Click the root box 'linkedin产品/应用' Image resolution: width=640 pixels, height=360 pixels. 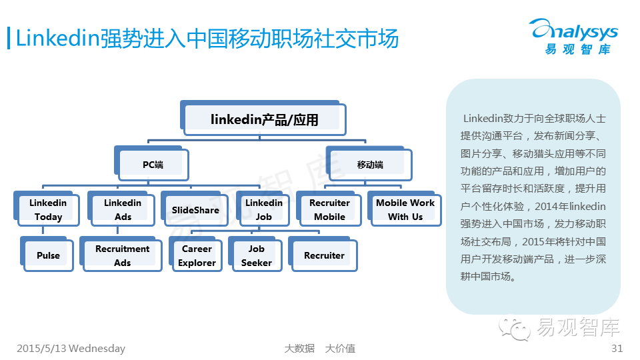pyautogui.click(x=264, y=120)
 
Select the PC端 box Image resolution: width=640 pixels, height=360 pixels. pyautogui.click(x=153, y=164)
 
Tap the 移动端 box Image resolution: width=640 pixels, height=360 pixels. pyautogui.click(x=370, y=164)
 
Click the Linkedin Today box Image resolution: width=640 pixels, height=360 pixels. pyautogui.click(x=48, y=210)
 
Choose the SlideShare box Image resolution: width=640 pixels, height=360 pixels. pyautogui.click(x=195, y=210)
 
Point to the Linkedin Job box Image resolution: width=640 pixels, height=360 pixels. pyautogui.click(x=264, y=210)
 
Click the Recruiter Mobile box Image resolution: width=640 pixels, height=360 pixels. pyautogui.click(x=330, y=210)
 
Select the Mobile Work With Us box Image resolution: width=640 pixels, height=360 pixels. pyautogui.click(x=405, y=210)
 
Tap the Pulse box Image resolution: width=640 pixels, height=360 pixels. pyautogui.click(x=48, y=255)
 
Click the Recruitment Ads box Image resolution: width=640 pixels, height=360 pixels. pyautogui.click(x=123, y=255)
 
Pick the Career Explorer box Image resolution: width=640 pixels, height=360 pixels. pyautogui.click(x=197, y=255)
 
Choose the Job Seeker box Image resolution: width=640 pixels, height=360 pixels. pyautogui.click(x=257, y=255)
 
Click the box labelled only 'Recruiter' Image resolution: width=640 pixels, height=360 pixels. pyautogui.click(x=324, y=255)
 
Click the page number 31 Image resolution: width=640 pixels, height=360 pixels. pyautogui.click(x=617, y=348)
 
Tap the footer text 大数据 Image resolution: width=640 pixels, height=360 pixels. pyautogui.click(x=299, y=348)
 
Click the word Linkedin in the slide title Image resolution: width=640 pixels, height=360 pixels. pyautogui.click(x=57, y=38)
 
